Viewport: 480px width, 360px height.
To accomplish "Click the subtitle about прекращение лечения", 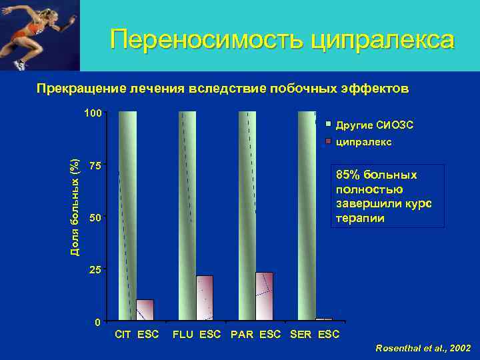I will point(223,89).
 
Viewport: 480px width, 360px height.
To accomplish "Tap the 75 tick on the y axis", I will point(95,166).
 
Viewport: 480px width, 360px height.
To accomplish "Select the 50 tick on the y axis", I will point(95,218).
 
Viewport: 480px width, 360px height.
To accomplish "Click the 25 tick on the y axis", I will point(95,270).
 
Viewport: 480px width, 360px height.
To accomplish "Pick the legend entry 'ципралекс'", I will point(363,142).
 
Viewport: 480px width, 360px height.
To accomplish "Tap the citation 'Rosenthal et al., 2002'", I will point(423,348).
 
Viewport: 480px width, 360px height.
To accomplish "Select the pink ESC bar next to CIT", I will point(145,311).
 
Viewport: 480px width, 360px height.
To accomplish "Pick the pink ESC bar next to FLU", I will point(205,298).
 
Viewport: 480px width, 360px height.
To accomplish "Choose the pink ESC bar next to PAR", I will point(264,297).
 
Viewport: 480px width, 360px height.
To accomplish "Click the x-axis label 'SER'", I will point(301,334).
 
